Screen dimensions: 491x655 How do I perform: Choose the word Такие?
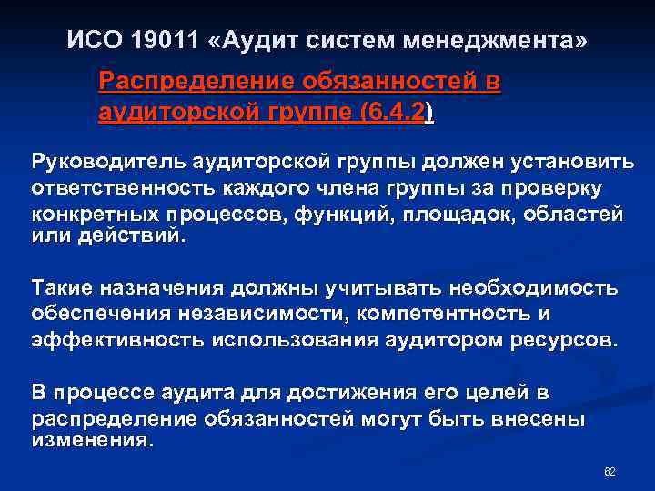click(x=63, y=288)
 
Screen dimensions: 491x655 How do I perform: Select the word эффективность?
click(x=118, y=340)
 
